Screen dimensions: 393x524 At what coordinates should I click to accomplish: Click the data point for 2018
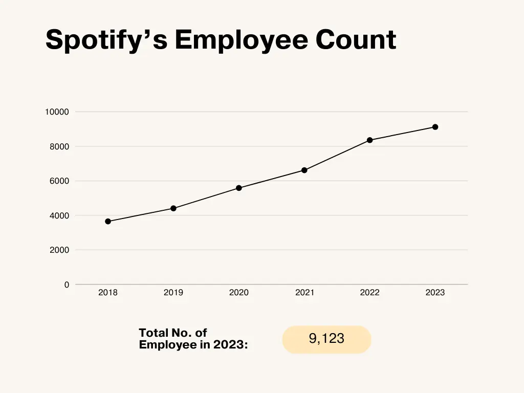tap(108, 222)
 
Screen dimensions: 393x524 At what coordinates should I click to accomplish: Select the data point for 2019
tap(173, 208)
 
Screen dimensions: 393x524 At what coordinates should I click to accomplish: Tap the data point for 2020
tap(239, 188)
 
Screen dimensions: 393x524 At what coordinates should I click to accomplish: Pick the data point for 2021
tap(304, 170)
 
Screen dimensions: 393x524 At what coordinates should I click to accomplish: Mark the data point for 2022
tap(370, 140)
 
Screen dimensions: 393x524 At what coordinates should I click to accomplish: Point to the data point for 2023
tap(435, 127)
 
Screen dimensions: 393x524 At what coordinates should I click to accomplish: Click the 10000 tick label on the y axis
tap(57, 112)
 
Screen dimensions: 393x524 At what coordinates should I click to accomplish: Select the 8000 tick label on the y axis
tap(59, 147)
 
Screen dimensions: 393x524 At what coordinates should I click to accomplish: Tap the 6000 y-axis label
tap(59, 181)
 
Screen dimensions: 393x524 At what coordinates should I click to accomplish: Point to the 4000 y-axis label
tap(59, 216)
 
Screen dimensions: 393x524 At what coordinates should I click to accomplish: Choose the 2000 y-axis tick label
tap(59, 250)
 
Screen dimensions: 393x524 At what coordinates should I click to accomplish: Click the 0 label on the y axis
tap(67, 285)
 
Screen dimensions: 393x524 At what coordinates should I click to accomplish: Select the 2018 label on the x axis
tap(108, 293)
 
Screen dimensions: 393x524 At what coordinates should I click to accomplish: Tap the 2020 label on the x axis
tap(239, 293)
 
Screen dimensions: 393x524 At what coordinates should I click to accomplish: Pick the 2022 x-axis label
tap(370, 293)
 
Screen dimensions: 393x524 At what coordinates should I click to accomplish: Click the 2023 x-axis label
tap(435, 293)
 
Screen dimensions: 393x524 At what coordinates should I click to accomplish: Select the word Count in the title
tap(356, 39)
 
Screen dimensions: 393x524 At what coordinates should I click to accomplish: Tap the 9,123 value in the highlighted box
tap(326, 339)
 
